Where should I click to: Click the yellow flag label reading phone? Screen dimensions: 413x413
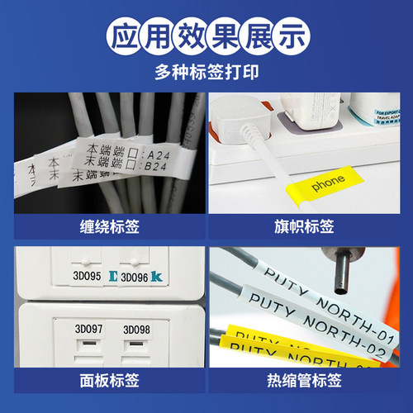(330, 188)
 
